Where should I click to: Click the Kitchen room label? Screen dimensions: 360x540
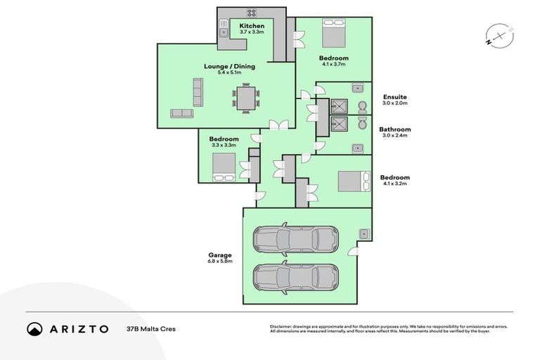coord(251,26)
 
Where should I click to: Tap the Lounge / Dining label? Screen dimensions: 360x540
coord(229,67)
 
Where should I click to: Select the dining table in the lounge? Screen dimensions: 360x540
coord(245,98)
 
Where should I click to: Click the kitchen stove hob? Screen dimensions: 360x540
coord(251,13)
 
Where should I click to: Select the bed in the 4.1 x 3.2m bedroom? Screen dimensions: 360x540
coord(354,181)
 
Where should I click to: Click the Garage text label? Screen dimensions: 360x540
coord(219,255)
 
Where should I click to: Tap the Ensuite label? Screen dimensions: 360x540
coord(394,97)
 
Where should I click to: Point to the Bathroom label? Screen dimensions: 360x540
coord(394,129)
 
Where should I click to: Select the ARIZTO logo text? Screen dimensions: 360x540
coord(77,328)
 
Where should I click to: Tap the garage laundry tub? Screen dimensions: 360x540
coord(365,234)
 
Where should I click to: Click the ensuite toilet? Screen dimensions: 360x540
coord(361,107)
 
